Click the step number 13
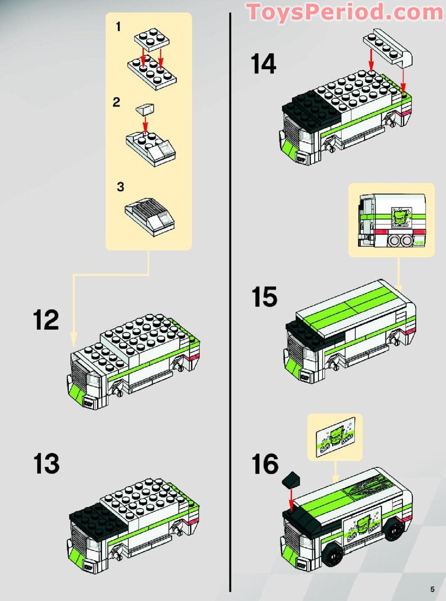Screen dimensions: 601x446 [x=47, y=464]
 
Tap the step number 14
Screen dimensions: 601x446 [x=263, y=64]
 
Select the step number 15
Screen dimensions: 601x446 [x=264, y=298]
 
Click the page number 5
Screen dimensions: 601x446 [x=433, y=589]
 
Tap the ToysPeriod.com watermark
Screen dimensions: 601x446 [x=345, y=12]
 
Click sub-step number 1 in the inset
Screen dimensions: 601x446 [x=118, y=27]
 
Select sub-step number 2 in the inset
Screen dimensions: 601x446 [x=116, y=102]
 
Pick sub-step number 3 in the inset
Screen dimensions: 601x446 [x=120, y=187]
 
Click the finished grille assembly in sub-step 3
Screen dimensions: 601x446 [x=149, y=214]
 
